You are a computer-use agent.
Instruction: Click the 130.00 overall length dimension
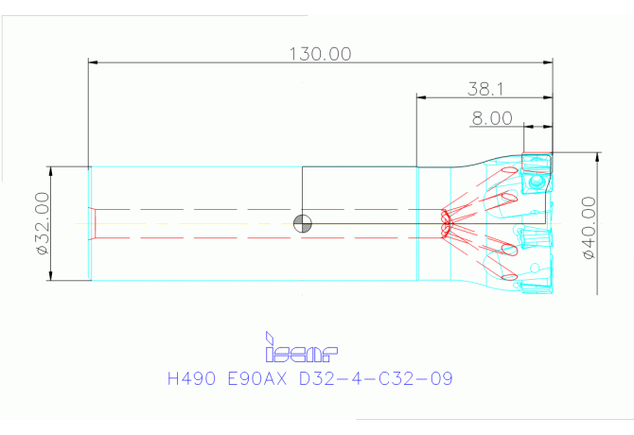320,54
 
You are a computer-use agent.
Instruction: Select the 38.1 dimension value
485,89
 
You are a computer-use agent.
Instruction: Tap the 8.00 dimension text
492,118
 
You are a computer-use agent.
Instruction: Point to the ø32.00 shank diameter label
43,223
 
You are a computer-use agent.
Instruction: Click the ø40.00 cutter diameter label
589,228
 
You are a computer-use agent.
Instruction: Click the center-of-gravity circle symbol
303,224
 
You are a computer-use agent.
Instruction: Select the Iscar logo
301,347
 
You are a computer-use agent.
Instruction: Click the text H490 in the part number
191,379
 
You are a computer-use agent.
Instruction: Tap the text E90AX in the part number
257,379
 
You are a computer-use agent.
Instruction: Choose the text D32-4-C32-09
376,379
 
